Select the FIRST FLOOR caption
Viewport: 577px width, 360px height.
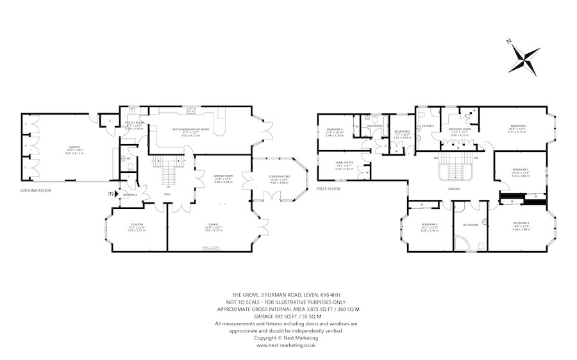point(329,190)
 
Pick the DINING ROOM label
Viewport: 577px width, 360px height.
point(223,176)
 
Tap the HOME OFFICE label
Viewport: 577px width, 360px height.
point(344,163)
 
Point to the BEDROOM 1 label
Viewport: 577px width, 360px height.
point(518,126)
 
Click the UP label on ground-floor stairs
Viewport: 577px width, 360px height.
point(168,177)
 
